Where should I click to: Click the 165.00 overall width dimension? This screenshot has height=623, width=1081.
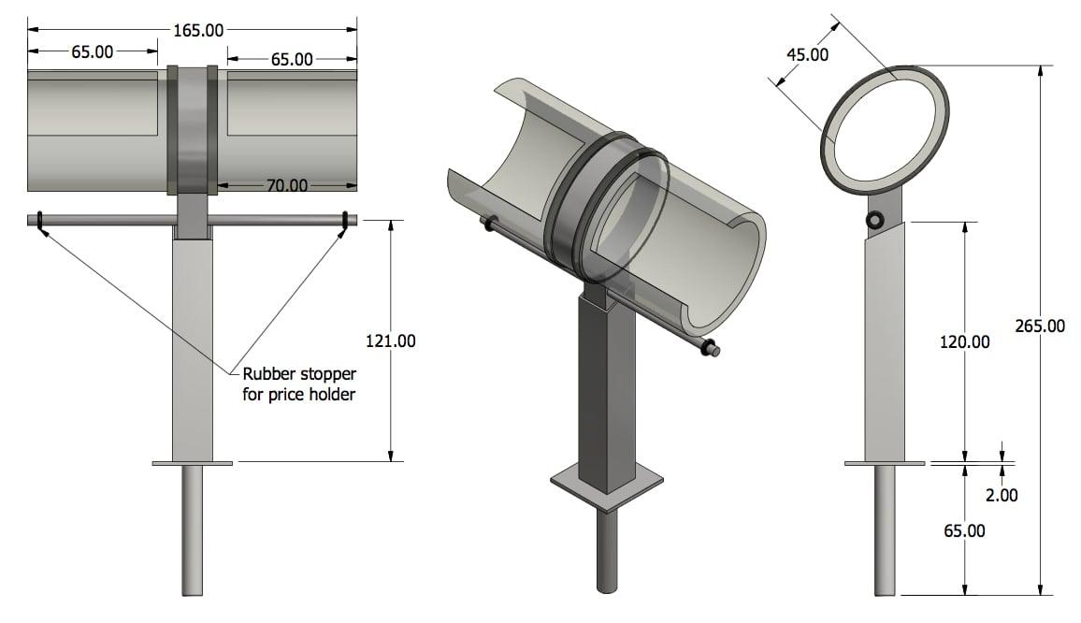[x=198, y=31]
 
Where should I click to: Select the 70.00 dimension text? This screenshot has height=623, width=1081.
[x=287, y=185]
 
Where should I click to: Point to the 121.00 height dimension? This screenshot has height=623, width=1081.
[x=390, y=340]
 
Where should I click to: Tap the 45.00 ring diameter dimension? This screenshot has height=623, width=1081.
[x=806, y=54]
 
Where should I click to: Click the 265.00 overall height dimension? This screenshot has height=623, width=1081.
[x=1040, y=326]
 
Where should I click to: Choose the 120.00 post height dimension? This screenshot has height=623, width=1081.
[x=964, y=341]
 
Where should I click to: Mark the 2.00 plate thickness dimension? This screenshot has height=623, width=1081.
[x=1002, y=495]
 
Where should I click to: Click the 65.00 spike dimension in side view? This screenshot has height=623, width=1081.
[x=964, y=530]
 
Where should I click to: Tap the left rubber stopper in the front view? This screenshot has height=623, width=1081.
[x=41, y=223]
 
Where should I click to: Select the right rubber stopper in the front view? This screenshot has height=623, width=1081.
[x=345, y=223]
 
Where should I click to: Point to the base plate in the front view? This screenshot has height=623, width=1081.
[x=192, y=462]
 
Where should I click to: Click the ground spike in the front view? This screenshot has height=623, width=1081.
[x=192, y=529]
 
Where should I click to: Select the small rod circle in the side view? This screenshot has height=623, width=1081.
[x=874, y=221]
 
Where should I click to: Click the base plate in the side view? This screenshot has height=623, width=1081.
[x=885, y=462]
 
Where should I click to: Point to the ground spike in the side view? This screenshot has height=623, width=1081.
[x=885, y=529]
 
